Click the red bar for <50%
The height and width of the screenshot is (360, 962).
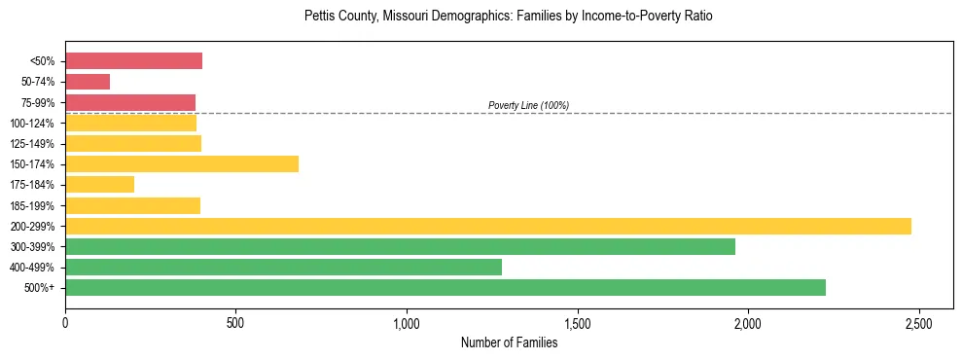point(133,61)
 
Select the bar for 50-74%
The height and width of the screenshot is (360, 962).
point(88,82)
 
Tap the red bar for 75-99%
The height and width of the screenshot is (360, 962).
point(130,102)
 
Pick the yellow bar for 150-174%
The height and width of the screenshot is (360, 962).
point(182,163)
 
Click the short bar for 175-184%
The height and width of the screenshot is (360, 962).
point(99,184)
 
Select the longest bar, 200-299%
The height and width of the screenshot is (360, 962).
point(488,226)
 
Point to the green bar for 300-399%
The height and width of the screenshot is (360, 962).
point(400,246)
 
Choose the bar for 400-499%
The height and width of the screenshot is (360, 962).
point(283,267)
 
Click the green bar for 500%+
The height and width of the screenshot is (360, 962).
point(445,287)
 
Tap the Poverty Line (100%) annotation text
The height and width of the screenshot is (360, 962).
point(528,105)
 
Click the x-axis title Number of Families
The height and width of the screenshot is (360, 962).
point(509,342)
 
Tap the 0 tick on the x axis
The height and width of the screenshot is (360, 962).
point(65,322)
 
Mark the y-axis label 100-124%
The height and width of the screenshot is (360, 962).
point(32,124)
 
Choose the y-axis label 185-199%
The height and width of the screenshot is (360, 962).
point(32,206)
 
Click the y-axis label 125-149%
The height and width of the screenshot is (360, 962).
point(32,144)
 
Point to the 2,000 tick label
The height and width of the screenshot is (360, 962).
point(748,322)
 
